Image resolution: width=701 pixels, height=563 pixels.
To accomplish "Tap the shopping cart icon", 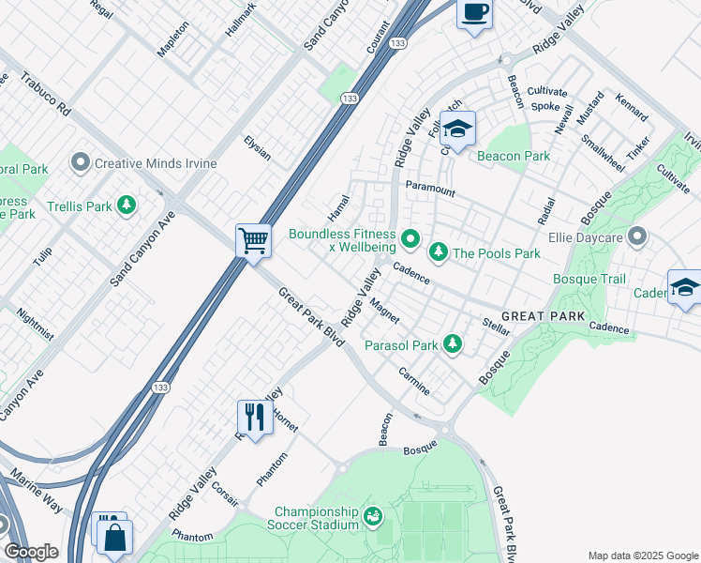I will (253, 242).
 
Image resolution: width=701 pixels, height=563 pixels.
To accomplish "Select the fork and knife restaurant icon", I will (254, 415).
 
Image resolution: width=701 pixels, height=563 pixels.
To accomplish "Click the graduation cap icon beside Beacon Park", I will (458, 129).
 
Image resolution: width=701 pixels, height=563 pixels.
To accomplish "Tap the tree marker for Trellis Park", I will (125, 205).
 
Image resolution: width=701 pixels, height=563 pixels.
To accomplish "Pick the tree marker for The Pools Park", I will (438, 252).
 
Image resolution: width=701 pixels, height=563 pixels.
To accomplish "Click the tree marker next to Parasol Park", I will (454, 344).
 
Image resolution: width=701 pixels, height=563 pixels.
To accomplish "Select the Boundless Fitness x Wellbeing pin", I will (410, 241).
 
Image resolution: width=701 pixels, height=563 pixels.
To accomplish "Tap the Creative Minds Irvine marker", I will (81, 163).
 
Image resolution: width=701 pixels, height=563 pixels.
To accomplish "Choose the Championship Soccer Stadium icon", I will (373, 515).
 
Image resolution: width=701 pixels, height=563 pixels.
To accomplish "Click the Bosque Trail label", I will (589, 279).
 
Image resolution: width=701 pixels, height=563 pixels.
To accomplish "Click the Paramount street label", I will (430, 189).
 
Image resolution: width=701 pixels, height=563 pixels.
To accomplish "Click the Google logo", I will (31, 551).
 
